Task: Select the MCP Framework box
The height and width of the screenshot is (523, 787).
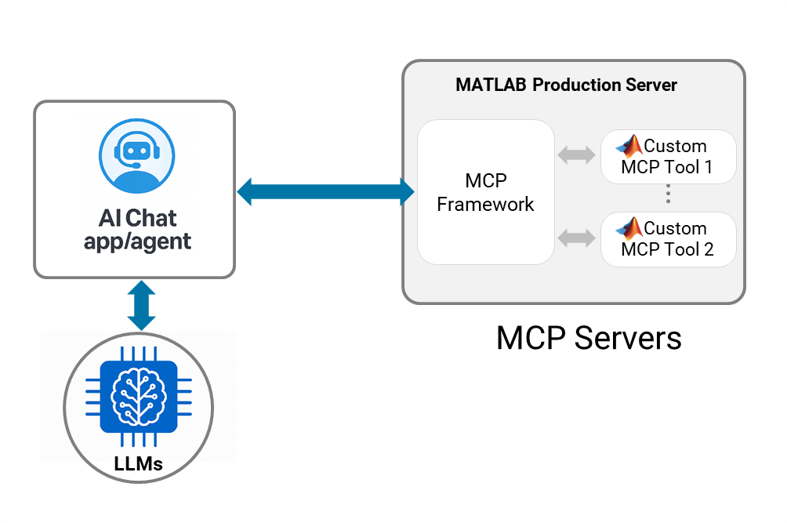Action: pos(485,192)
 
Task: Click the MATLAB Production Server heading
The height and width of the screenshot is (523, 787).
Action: pos(566,85)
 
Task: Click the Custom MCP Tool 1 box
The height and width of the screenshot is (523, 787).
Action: pos(668,156)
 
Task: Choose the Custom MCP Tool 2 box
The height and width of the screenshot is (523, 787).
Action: pos(668,239)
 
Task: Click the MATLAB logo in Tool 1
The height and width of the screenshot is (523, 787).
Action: pos(629,147)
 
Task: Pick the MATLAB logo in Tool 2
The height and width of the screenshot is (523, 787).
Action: pos(629,229)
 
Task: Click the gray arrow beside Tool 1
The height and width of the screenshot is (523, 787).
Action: pos(576,155)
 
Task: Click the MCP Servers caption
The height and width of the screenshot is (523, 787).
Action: pos(589,338)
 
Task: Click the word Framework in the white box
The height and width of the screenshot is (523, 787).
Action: pos(485,205)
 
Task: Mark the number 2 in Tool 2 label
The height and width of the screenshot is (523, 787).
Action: pos(709,249)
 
